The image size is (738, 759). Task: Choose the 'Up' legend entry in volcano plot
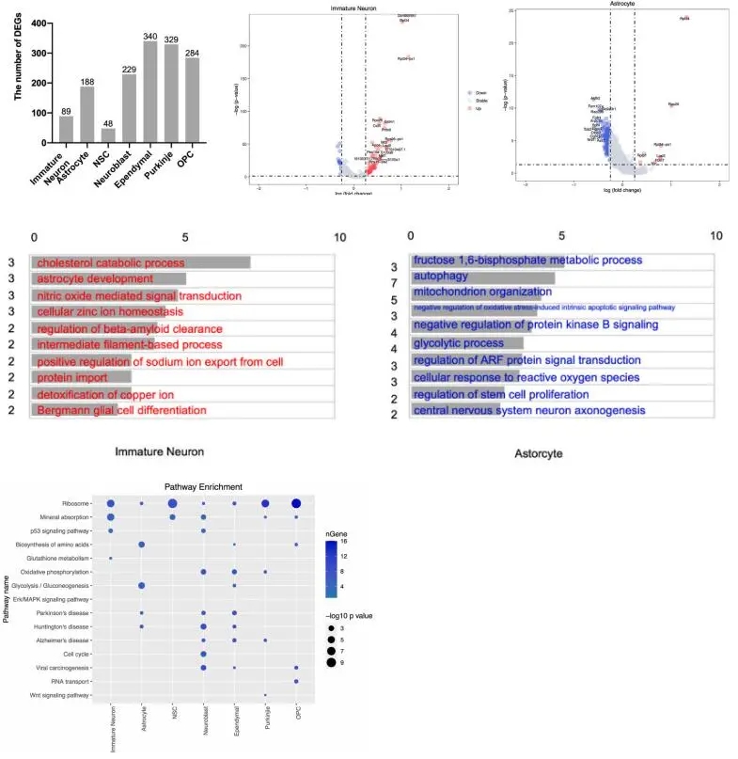479,110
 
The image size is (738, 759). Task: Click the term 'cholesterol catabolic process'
111,262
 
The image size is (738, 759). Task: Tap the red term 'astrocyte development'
95,278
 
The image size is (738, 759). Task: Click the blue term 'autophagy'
448,277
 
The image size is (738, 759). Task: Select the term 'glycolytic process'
459,342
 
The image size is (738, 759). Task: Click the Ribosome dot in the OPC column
297,504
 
